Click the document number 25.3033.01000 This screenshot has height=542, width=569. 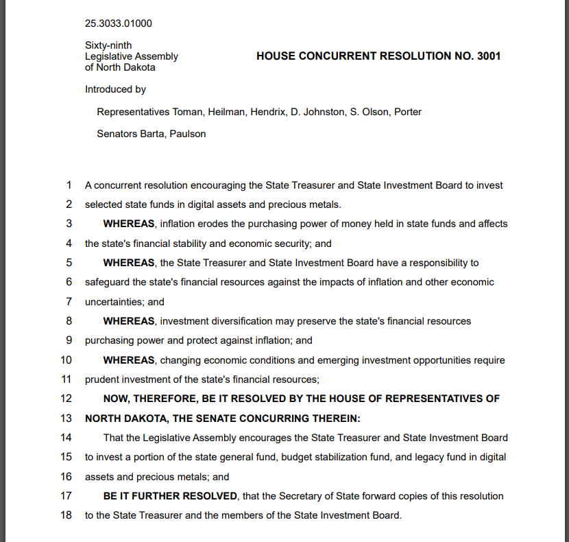(119, 23)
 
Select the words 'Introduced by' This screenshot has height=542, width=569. (115, 89)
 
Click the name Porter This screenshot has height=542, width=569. (407, 112)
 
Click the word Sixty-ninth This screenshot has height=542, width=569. (108, 45)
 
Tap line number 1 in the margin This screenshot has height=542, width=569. (69, 185)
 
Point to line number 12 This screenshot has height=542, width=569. (66, 399)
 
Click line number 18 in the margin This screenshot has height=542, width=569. (66, 515)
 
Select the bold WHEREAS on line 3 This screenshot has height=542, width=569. (128, 224)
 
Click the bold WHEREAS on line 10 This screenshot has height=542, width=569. (128, 360)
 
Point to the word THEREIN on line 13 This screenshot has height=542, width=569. (335, 419)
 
